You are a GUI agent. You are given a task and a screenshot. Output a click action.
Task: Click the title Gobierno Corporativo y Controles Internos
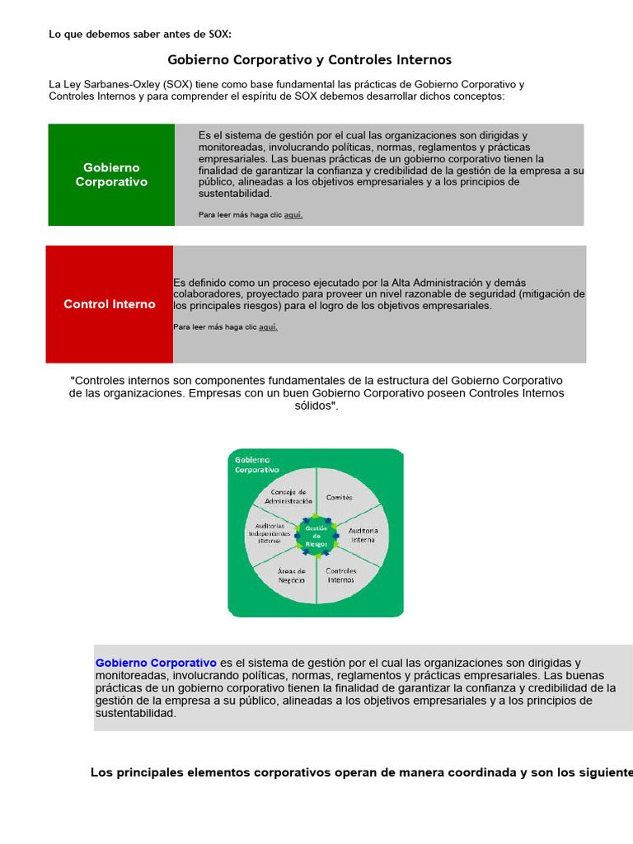[x=309, y=60]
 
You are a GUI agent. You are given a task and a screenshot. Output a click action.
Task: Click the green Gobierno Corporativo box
[x=111, y=175]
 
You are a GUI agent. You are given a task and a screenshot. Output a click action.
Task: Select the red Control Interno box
[x=110, y=304]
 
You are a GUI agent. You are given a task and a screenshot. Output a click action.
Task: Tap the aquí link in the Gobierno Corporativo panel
[x=293, y=215]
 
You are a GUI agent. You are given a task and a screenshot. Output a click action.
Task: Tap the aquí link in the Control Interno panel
[x=268, y=327]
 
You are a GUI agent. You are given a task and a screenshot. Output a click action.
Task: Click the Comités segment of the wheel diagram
[x=339, y=497]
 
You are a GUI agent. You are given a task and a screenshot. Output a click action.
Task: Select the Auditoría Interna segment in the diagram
[x=362, y=535]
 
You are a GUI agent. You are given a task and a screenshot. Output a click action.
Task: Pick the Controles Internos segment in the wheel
[x=340, y=574]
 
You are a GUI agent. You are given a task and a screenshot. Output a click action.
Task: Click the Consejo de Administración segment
[x=289, y=496]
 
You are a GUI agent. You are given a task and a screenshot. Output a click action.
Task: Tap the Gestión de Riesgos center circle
[x=316, y=536]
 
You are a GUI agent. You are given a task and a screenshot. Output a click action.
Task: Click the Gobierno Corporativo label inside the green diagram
[x=257, y=464]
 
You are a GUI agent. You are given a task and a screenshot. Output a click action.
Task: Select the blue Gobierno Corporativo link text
[x=156, y=663]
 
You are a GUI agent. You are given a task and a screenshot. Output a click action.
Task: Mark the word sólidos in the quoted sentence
[x=316, y=406]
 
